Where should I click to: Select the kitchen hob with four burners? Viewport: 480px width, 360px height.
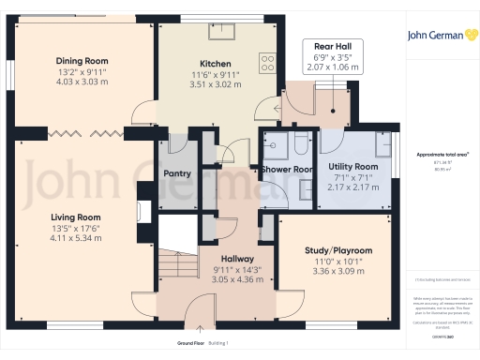coord(267,59)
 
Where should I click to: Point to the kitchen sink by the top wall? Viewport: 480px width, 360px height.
coord(222,33)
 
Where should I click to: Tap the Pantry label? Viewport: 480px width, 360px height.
coord(177,173)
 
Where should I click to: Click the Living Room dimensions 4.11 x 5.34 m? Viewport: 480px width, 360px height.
coord(76,238)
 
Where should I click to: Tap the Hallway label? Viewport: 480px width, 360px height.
coord(231,258)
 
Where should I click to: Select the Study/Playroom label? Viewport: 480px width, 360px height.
coord(338,250)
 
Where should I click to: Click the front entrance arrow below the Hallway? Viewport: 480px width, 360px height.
coord(201,329)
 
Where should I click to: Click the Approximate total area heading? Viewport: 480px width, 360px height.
coord(442,154)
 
